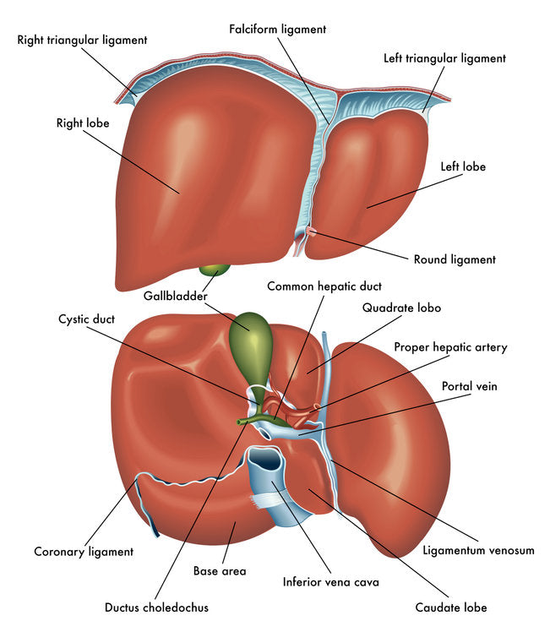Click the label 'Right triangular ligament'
(82, 40)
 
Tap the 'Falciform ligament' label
(277, 29)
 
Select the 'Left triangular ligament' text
(444, 58)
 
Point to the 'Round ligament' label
(455, 259)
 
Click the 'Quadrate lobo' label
(401, 308)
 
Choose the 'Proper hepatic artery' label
(450, 346)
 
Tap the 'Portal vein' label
(470, 386)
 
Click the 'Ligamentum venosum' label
(478, 550)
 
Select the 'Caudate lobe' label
(450, 607)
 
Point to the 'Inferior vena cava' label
(331, 582)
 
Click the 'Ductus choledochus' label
(156, 607)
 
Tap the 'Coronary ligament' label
(84, 552)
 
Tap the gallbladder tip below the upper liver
(214, 270)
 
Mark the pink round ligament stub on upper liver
(310, 230)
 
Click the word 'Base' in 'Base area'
(207, 571)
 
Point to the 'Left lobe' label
(463, 166)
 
